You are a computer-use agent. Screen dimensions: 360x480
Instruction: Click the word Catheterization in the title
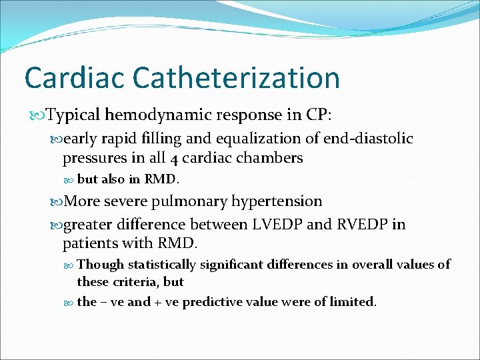(236, 77)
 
